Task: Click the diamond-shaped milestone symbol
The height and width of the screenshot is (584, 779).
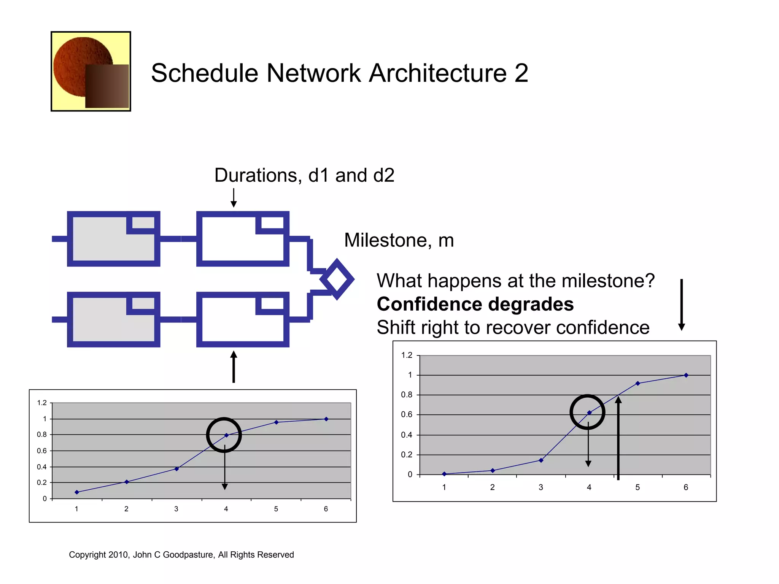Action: coord(337,279)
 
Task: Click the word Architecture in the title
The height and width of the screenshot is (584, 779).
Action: coord(437,73)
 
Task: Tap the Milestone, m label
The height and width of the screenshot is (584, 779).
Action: coord(399,240)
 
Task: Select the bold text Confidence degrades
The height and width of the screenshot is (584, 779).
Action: coord(475,304)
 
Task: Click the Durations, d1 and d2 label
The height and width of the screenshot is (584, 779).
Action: coord(304,175)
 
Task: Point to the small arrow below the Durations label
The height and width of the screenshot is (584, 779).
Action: coord(234,198)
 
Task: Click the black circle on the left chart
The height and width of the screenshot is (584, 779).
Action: coord(224,435)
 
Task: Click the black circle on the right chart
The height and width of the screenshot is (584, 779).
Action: coord(587,412)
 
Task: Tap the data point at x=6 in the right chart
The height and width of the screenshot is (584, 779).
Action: coord(686,375)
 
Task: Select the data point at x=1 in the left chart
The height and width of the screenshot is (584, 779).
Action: coord(77,492)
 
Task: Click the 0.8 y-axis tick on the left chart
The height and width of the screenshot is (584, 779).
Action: coord(42,434)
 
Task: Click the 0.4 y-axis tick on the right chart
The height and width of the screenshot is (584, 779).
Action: coord(406,435)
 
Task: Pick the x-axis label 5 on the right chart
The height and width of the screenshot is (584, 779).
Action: coord(638,487)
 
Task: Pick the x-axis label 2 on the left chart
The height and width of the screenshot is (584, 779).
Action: coord(126,509)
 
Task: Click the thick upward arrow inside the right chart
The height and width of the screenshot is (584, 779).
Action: coord(618,437)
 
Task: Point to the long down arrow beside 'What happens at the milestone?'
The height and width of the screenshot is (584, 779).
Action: coord(682,304)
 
